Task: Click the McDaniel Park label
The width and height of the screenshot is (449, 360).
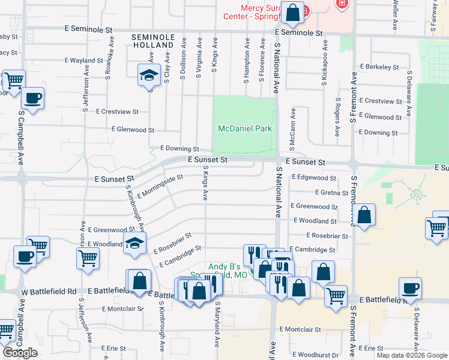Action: (244, 128)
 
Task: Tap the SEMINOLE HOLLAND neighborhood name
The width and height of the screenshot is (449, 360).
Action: (153, 41)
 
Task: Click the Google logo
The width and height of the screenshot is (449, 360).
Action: (20, 353)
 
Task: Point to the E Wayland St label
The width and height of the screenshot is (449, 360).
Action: (84, 61)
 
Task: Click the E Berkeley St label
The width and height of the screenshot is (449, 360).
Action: (379, 68)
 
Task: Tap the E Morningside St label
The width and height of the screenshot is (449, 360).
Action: (160, 186)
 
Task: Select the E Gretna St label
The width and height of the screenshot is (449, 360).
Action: (331, 193)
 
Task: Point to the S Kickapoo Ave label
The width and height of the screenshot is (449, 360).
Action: (324, 62)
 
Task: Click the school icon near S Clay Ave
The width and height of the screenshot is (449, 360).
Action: (148, 75)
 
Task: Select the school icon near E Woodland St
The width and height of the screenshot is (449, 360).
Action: (135, 243)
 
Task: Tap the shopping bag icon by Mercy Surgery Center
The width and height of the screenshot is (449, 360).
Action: (292, 13)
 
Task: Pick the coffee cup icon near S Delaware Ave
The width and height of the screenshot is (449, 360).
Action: (411, 288)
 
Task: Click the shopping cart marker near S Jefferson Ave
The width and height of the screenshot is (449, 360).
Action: (88, 258)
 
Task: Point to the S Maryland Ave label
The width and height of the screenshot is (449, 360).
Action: (217, 325)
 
